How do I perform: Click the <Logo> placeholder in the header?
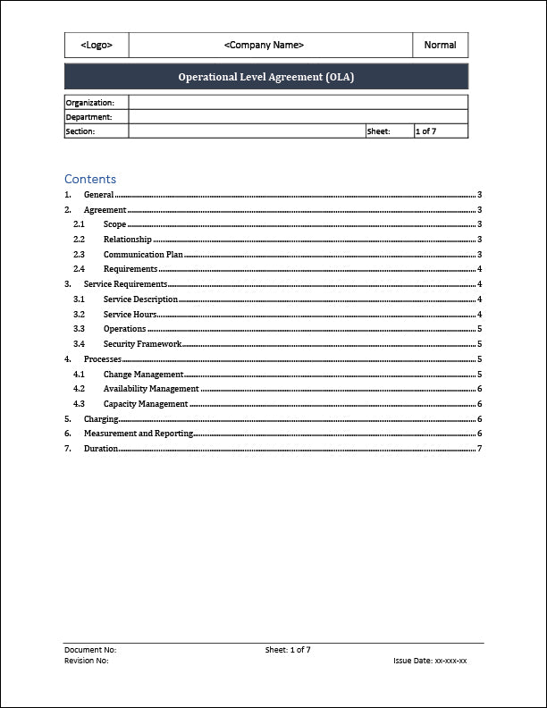click(97, 45)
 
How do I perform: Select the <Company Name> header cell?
click(264, 45)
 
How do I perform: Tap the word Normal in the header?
click(440, 45)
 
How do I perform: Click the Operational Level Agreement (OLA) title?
click(266, 77)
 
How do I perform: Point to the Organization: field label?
click(90, 103)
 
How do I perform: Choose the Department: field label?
click(89, 117)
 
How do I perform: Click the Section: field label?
click(80, 131)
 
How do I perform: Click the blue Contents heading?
click(90, 179)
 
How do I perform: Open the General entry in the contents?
click(98, 195)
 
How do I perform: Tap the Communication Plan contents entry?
click(143, 255)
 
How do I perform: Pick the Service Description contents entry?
click(140, 299)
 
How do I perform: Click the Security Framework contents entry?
click(142, 344)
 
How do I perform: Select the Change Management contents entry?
click(143, 375)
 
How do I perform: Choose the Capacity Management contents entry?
click(146, 404)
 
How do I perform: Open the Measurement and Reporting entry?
click(139, 434)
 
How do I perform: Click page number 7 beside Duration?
click(480, 449)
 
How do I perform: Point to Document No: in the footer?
click(90, 650)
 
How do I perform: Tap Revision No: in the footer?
click(87, 661)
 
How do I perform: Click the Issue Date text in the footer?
click(430, 661)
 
